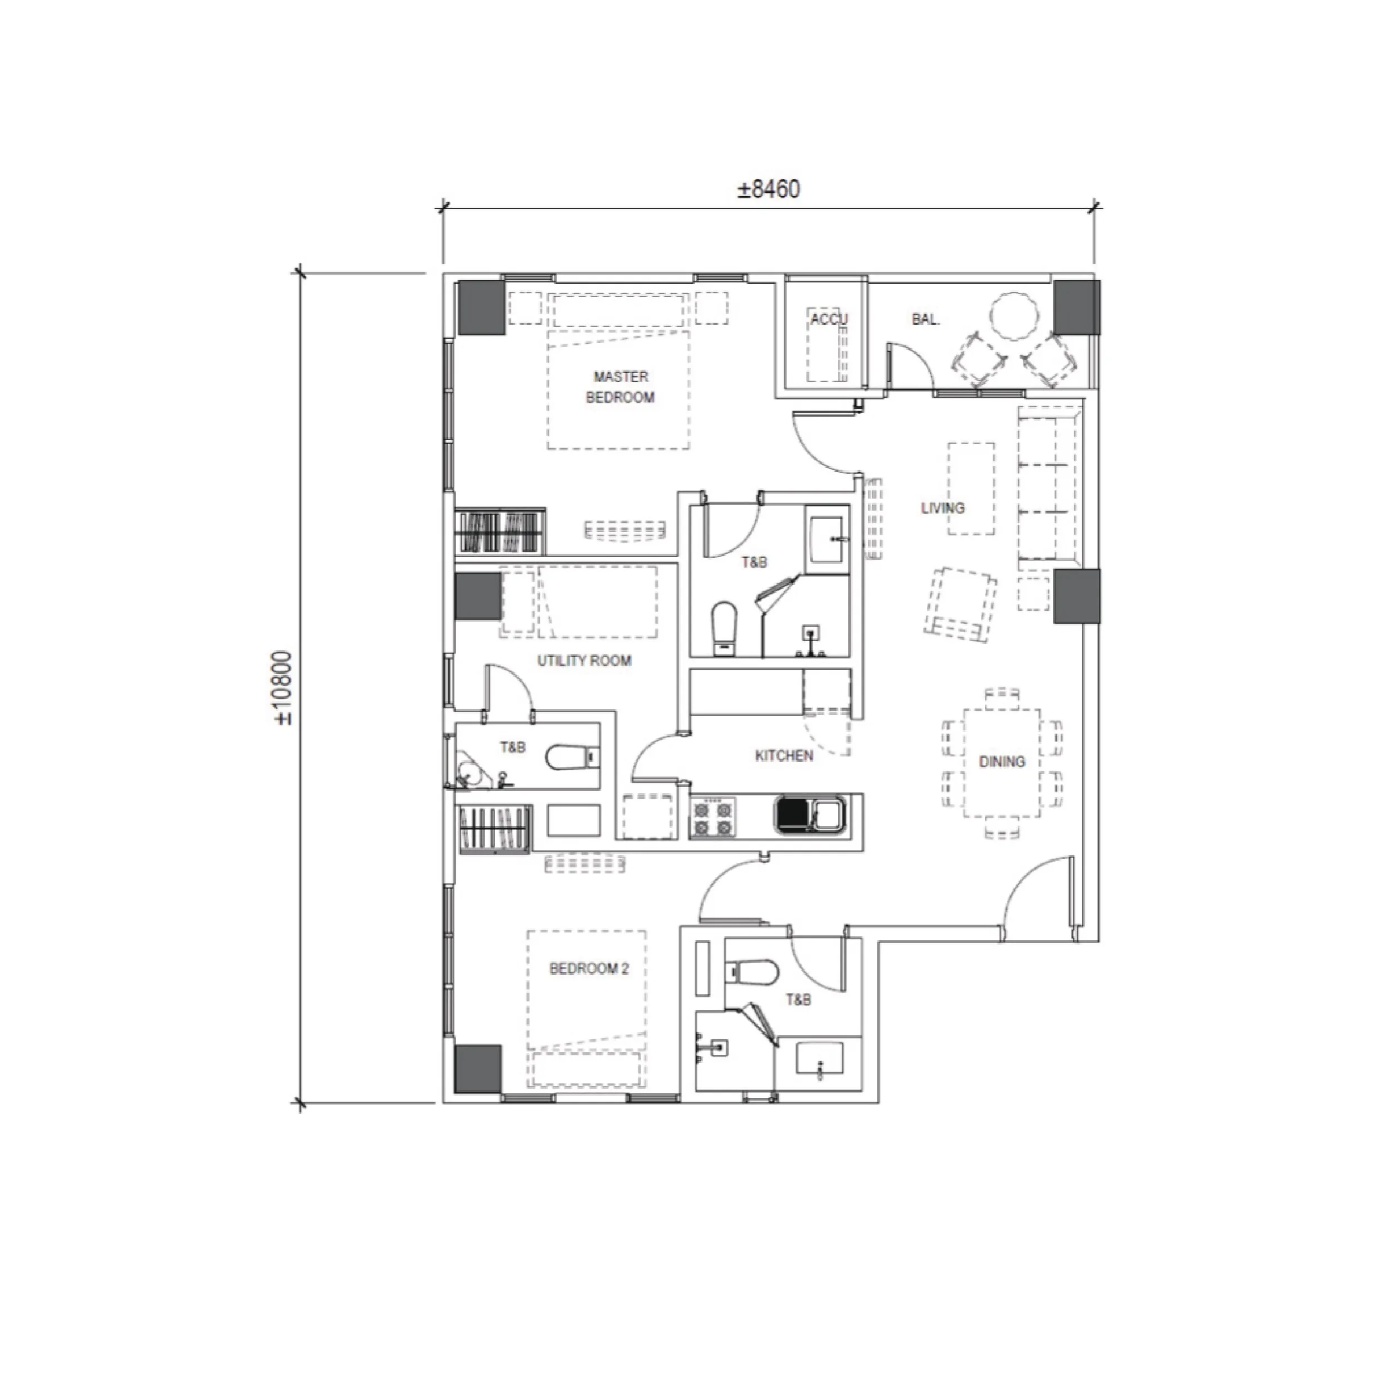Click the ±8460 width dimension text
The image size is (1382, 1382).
pos(769,189)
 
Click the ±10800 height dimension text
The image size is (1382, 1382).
pos(284,687)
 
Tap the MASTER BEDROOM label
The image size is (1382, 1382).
pos(620,387)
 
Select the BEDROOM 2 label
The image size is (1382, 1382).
pos(589,969)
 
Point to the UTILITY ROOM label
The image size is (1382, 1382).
pos(584,661)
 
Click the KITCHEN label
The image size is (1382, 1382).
pos(784,756)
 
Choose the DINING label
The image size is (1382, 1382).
pos(1002,762)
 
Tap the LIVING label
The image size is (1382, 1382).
pos(943,508)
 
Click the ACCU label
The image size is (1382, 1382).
pos(829,319)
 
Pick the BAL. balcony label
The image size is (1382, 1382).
pos(926,320)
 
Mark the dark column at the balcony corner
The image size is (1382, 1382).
pos(1076,307)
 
